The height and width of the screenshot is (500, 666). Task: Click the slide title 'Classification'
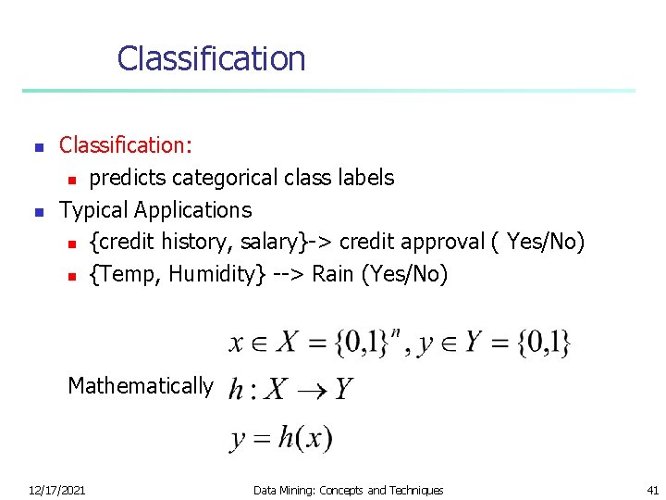[x=211, y=58]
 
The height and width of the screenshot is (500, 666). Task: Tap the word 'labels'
[x=366, y=178]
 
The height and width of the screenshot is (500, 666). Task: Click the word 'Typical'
[x=93, y=210]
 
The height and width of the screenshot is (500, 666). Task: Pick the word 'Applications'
[x=192, y=210]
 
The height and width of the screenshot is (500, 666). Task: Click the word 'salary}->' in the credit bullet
[x=287, y=243]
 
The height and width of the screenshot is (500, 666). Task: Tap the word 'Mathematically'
[x=141, y=386]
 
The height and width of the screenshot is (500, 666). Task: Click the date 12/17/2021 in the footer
[x=57, y=490]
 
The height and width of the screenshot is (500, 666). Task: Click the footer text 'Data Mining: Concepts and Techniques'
[x=348, y=490]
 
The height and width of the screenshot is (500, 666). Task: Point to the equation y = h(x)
[x=281, y=437]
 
